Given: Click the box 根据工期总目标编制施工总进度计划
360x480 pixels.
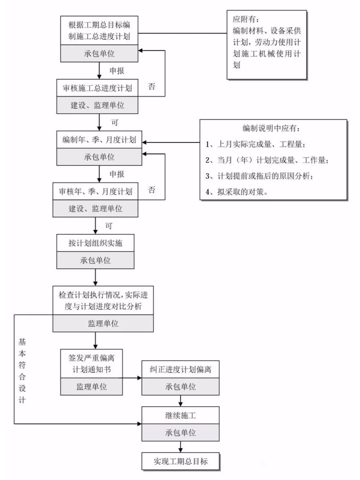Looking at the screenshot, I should pos(99,30).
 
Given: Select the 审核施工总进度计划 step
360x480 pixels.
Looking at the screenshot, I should pos(97,88).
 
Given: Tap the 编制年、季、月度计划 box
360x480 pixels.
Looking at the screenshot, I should pos(99,140).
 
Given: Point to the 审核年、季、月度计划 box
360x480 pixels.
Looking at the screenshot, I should pos(95,191).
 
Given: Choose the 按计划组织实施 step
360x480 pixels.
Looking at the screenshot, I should pos(95,243).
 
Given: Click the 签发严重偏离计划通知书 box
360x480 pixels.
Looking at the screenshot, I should pos(91,364).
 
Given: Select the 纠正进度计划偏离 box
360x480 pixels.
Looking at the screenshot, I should pos(180,369).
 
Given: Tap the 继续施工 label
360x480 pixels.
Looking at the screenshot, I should pos(180,415).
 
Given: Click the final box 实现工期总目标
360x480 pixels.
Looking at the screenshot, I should pos(180,461).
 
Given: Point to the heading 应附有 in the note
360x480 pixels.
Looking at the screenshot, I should pos(245,19).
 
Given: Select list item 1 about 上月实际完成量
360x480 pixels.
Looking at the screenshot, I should pos(255,144).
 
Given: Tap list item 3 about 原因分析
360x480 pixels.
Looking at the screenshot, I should pos(259,176).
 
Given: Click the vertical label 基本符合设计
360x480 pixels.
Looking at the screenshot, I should pos(22,371).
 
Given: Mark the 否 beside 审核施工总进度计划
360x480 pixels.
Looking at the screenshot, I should pos(152,87).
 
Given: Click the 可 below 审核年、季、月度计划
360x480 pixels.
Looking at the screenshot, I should pos(109,226).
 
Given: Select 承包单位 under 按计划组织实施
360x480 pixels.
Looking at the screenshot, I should pos(95,260).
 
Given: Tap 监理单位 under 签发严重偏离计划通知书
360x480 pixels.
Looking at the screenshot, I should pos(91,387).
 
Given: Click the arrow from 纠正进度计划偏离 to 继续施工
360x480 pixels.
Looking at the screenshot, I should pos(180,401).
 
